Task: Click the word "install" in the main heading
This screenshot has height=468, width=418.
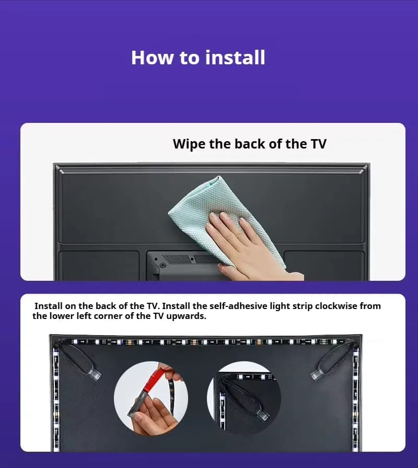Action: (235, 58)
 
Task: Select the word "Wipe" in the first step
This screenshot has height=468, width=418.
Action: (189, 144)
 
